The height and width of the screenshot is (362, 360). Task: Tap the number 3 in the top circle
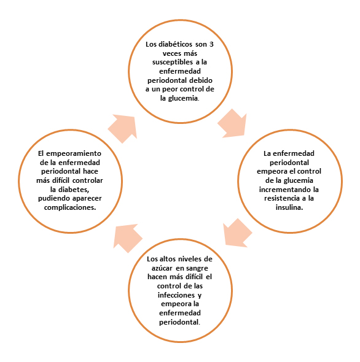(x=211, y=44)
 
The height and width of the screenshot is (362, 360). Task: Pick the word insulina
(x=289, y=207)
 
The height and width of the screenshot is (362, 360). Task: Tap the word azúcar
(x=162, y=268)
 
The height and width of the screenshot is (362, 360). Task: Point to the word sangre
(x=197, y=269)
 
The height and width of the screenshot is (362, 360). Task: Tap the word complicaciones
(x=70, y=207)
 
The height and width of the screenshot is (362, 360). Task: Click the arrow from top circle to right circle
(x=232, y=123)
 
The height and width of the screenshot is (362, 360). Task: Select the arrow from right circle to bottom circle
(x=238, y=233)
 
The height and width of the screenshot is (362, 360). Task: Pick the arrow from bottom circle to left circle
(x=128, y=239)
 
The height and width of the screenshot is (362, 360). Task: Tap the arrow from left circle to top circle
(x=122, y=129)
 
